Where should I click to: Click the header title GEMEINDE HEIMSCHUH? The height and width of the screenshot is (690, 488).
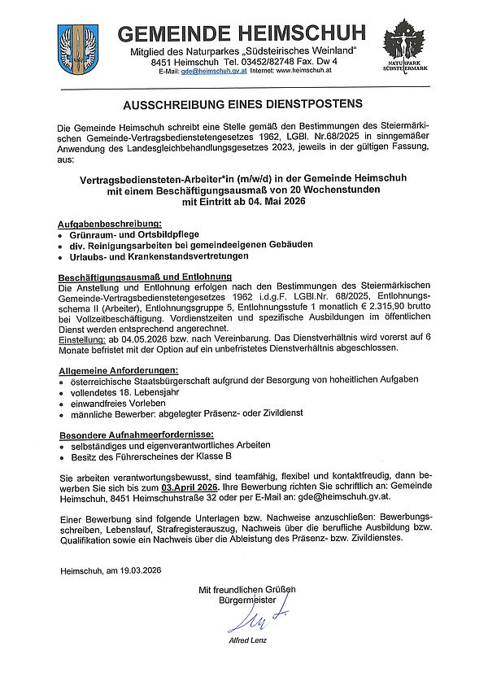(x=242, y=34)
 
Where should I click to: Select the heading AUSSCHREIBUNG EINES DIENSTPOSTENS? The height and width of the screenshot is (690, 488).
(x=243, y=105)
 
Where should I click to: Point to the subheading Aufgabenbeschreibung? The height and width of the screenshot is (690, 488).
(x=110, y=223)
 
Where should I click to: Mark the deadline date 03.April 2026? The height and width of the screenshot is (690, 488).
(x=193, y=486)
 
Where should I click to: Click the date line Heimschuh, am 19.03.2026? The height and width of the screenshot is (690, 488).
(x=111, y=570)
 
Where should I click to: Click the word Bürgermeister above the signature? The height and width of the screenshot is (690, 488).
(x=246, y=600)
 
